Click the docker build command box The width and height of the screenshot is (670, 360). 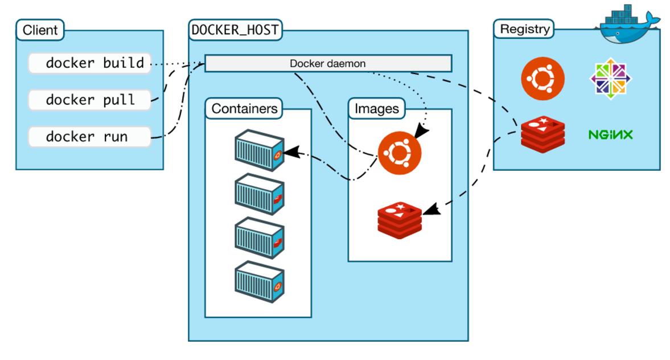(x=90, y=63)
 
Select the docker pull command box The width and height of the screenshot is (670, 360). (x=90, y=100)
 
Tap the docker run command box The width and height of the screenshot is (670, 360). (x=90, y=137)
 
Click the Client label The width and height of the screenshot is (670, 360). (x=40, y=30)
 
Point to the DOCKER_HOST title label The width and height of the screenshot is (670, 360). (x=236, y=30)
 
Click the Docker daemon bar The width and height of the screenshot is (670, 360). (x=328, y=63)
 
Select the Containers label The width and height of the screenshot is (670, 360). (x=245, y=108)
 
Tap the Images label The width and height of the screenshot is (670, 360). (x=376, y=108)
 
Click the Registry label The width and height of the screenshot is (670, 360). (x=525, y=29)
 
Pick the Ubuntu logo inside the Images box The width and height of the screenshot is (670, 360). (x=400, y=153)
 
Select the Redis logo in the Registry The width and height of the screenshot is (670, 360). (x=543, y=134)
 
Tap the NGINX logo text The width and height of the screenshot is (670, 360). (x=610, y=135)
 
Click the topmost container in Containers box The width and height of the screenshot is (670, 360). (x=259, y=150)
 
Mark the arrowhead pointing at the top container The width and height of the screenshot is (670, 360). (x=289, y=153)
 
